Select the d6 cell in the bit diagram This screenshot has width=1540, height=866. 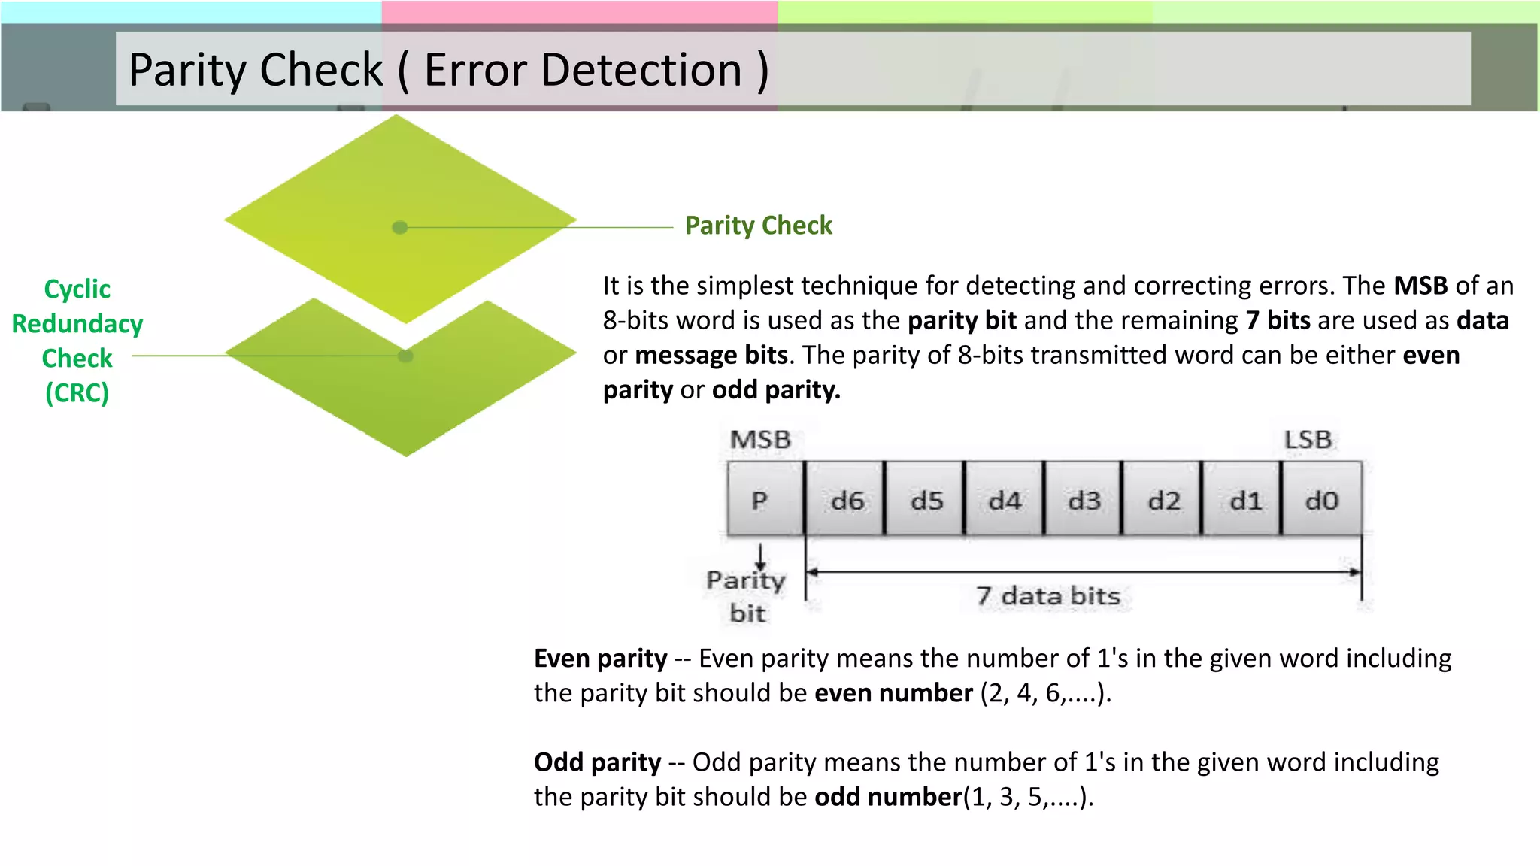(845, 499)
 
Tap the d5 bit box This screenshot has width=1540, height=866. (925, 499)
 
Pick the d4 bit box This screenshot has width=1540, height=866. (1004, 499)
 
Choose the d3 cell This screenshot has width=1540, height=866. (1084, 499)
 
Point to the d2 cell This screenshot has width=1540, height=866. (1163, 499)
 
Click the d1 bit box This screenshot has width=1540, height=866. (1242, 499)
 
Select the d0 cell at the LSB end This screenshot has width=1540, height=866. (1322, 499)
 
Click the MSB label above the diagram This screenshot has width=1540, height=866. (760, 440)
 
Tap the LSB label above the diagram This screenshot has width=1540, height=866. (1308, 440)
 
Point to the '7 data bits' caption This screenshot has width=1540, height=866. (1048, 596)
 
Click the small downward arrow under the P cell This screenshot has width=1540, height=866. (761, 557)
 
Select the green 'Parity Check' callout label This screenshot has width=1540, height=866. (758, 226)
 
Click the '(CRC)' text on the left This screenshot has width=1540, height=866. (77, 393)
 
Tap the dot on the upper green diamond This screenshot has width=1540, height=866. (400, 227)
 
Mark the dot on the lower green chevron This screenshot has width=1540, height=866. (405, 356)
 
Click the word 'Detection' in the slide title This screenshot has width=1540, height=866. (583, 70)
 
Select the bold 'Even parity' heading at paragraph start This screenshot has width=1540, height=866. (600, 659)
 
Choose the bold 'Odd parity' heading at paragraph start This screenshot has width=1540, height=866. (597, 762)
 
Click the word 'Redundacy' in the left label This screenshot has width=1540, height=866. (77, 324)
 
